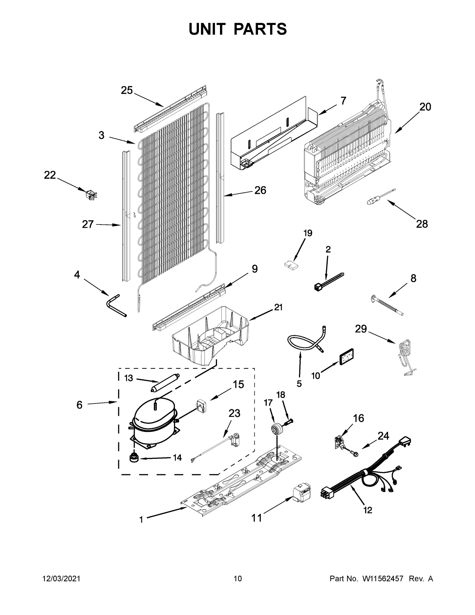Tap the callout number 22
click(50, 175)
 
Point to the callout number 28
click(422, 224)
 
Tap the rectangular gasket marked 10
click(346, 357)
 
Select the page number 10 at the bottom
click(238, 578)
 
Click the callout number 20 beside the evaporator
click(425, 107)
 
